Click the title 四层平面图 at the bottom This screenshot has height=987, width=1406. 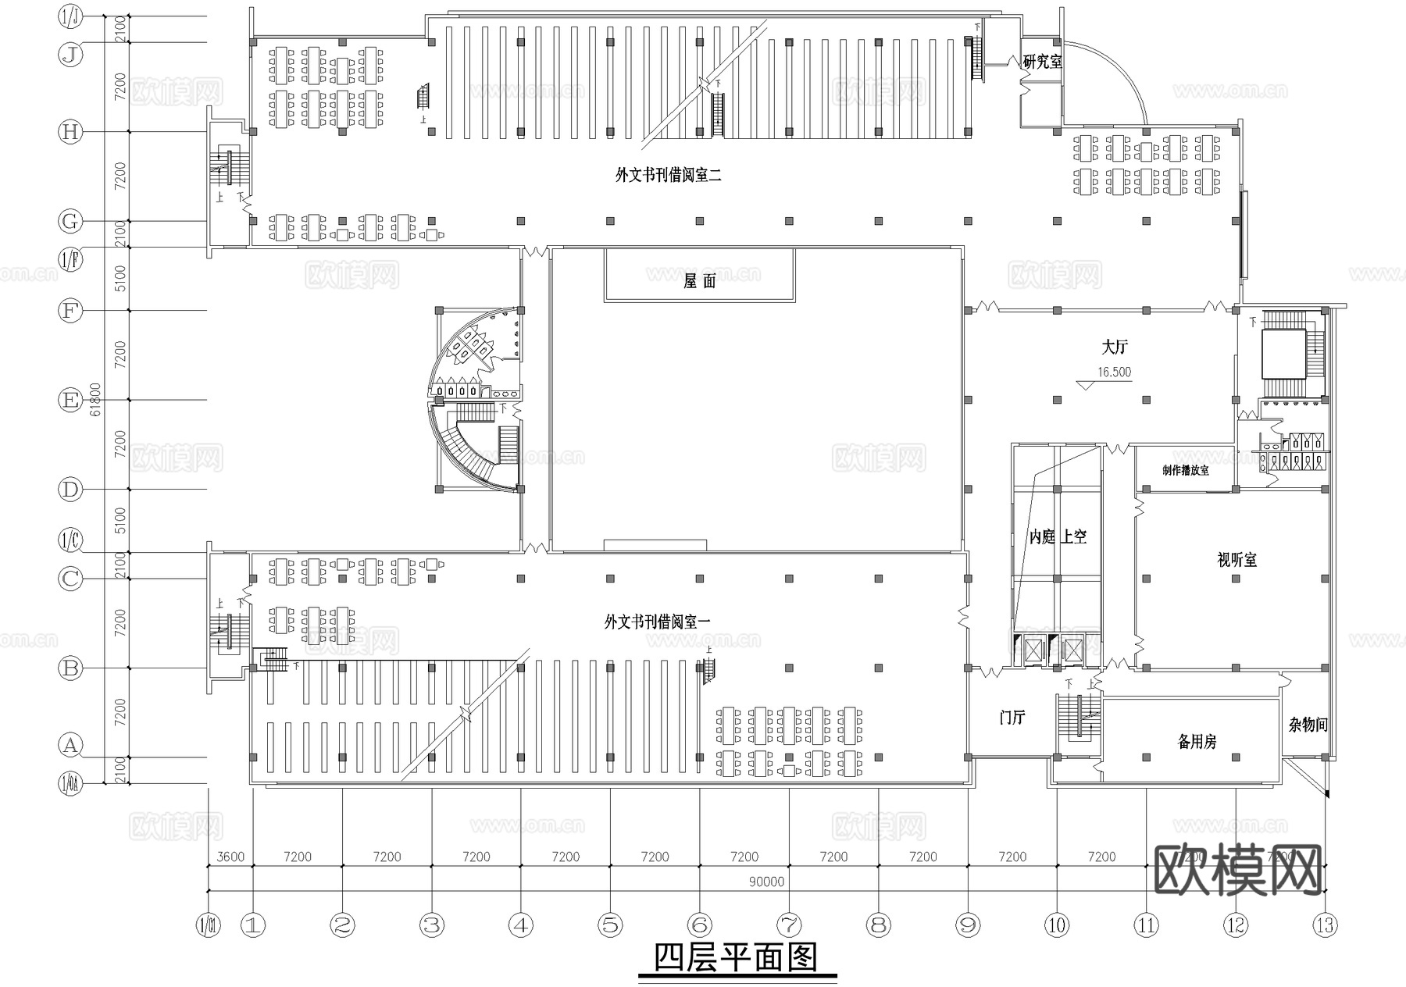735,957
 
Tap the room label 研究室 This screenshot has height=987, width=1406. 1043,62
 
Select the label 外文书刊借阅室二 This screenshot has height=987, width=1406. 668,176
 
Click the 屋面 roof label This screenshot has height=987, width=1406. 699,282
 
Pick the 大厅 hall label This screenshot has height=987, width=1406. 1115,347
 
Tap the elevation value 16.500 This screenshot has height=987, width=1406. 1114,372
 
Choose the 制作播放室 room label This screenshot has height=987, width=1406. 1185,471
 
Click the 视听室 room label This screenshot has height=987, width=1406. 1236,560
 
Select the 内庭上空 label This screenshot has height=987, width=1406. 1058,537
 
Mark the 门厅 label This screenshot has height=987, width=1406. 1012,718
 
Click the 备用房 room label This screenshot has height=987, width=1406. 1197,742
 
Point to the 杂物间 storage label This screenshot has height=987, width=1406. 1308,725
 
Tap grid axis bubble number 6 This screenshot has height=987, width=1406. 700,926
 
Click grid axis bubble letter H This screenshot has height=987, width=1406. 70,132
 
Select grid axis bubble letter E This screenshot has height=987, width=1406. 70,401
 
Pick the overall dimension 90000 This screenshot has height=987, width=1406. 765,882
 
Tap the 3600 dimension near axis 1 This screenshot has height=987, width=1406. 230,857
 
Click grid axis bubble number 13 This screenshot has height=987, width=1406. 1326,926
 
